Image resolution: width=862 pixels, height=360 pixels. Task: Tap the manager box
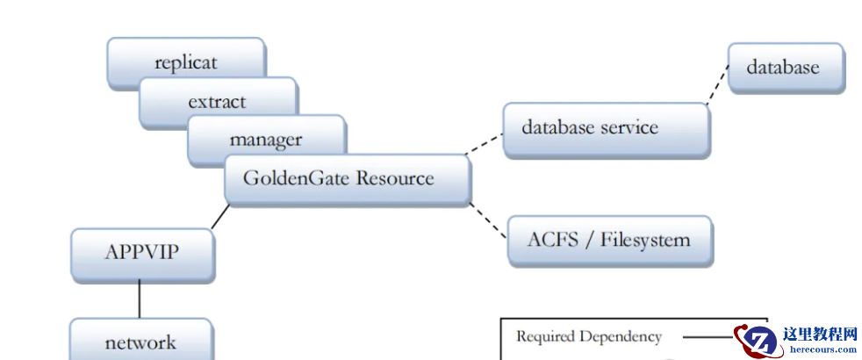pos(266,139)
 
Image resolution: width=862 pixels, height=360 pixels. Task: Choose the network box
pos(140,342)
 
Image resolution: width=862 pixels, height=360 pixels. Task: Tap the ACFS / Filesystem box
pos(610,241)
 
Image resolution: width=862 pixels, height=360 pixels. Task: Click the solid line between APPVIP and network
pos(139,300)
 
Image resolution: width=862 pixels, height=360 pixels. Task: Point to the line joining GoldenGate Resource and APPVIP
pos(219,217)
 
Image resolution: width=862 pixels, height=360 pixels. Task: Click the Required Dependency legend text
pos(588,336)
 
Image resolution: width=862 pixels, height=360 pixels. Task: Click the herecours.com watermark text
pos(822,349)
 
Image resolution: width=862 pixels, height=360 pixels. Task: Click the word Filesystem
pos(645,241)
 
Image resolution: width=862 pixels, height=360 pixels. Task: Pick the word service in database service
pos(629,128)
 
